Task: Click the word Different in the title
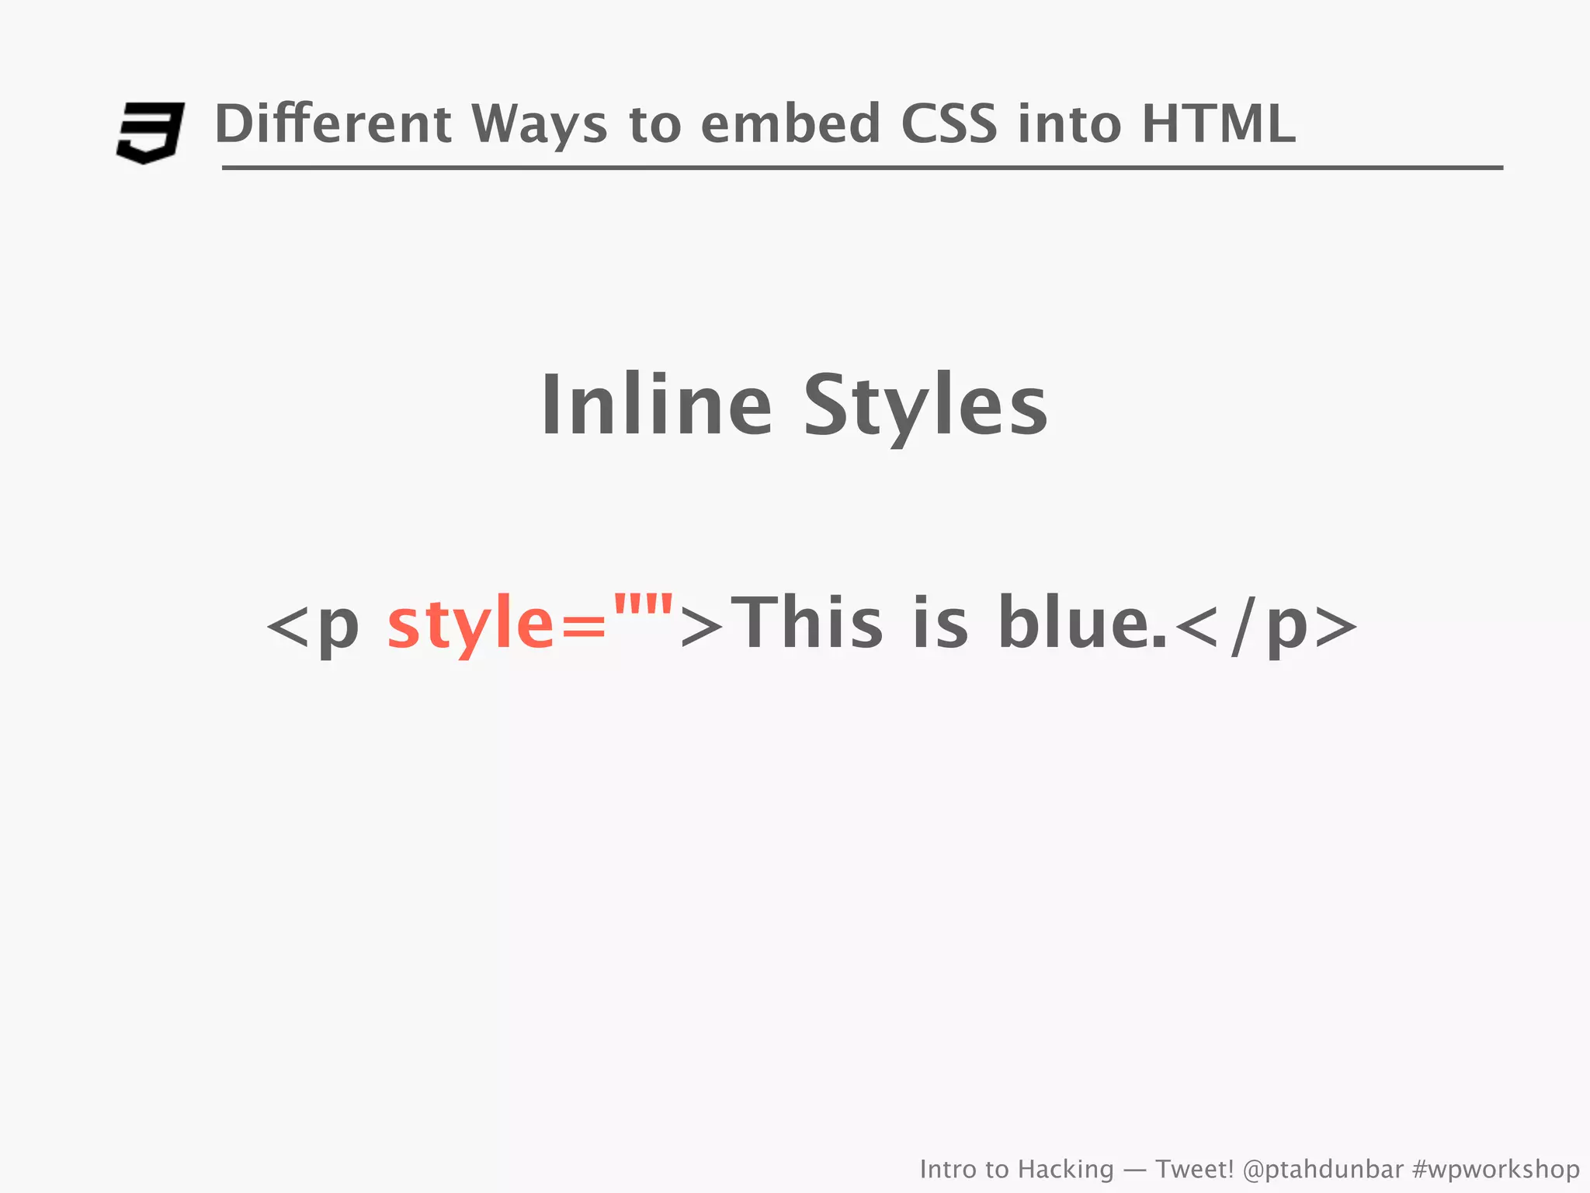point(332,124)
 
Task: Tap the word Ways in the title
point(539,124)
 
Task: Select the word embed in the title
point(790,124)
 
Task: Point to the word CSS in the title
point(949,124)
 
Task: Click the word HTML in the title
point(1218,124)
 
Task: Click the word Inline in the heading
point(656,405)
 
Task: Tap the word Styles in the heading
point(925,405)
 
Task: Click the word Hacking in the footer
point(1065,1169)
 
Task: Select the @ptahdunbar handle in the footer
point(1323,1169)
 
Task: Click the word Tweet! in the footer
point(1194,1169)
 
